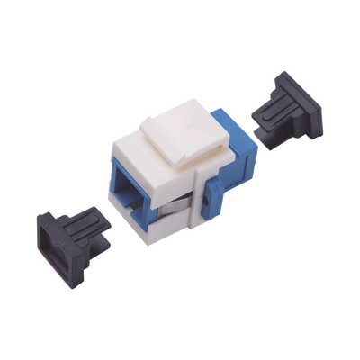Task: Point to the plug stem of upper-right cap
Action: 261,116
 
